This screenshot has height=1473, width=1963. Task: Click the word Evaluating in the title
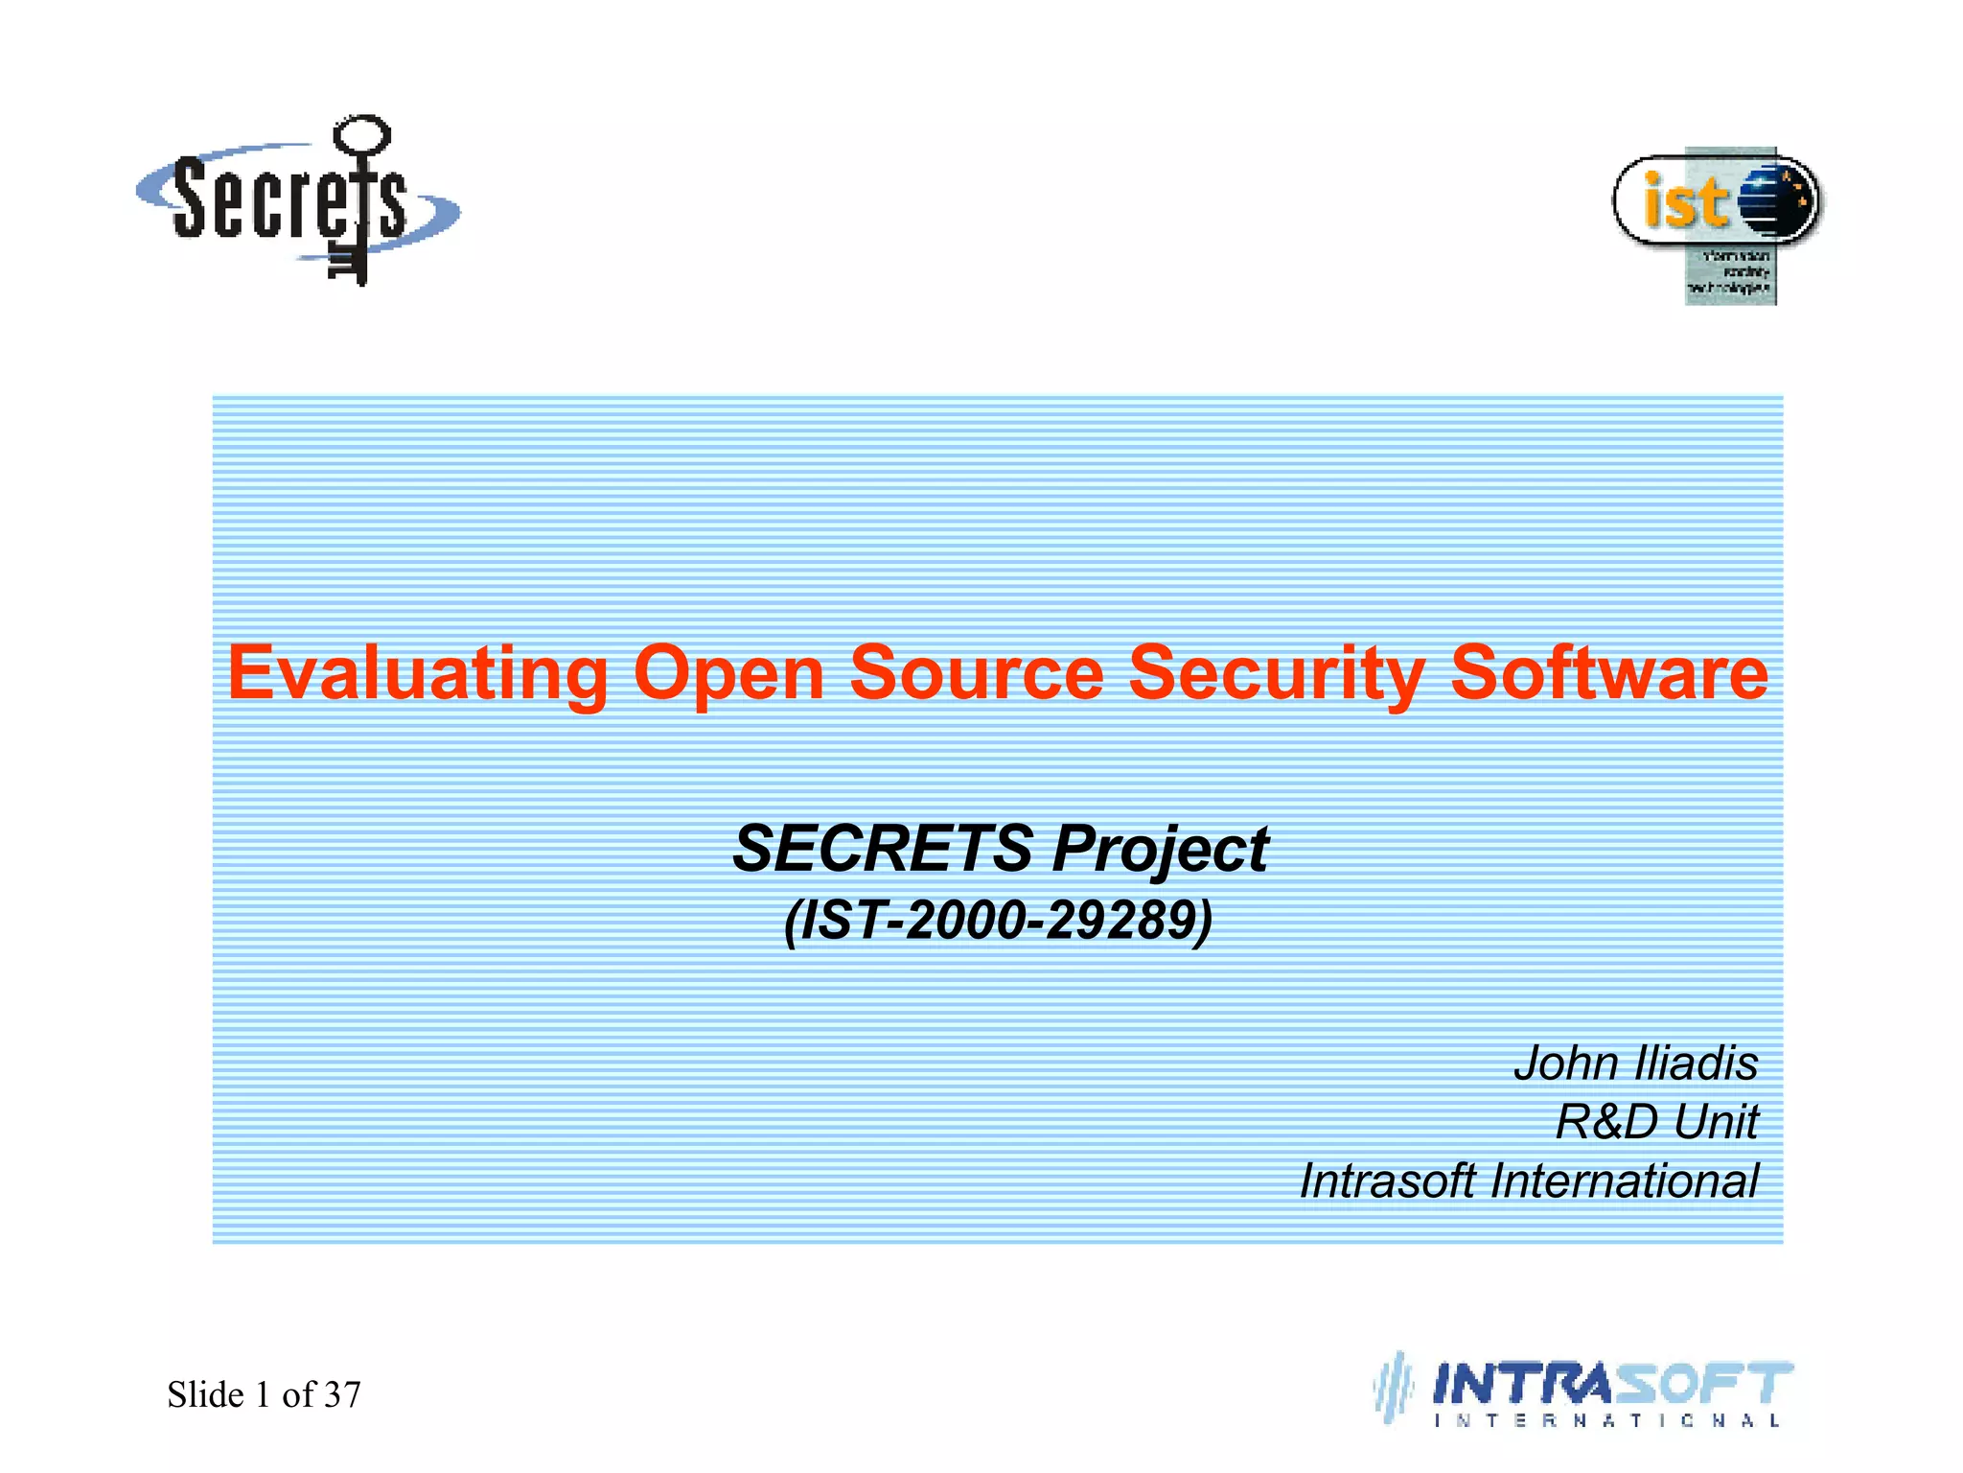[417, 673]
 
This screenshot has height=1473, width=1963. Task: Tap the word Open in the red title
[728, 673]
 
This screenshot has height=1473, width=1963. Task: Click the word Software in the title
[1608, 673]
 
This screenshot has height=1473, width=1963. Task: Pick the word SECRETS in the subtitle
[883, 850]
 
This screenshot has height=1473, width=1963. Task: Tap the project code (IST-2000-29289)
[998, 921]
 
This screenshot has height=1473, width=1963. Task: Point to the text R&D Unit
[1656, 1122]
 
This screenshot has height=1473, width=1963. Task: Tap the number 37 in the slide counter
[342, 1394]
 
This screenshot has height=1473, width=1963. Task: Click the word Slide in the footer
[205, 1394]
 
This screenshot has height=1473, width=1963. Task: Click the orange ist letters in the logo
[1684, 202]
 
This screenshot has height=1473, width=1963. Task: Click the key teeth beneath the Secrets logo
[347, 265]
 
